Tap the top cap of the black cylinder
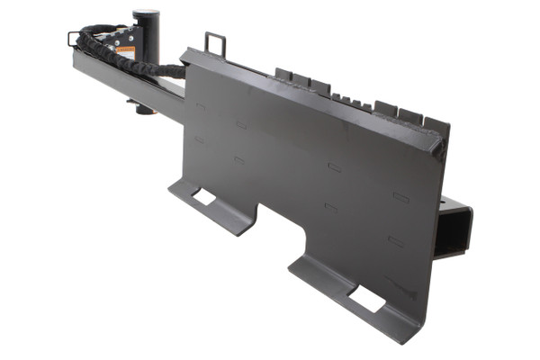click(145, 12)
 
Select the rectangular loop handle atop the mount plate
click(215, 43)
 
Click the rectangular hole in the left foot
click(204, 195)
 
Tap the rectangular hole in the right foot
click(366, 299)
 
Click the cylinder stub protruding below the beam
click(142, 108)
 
